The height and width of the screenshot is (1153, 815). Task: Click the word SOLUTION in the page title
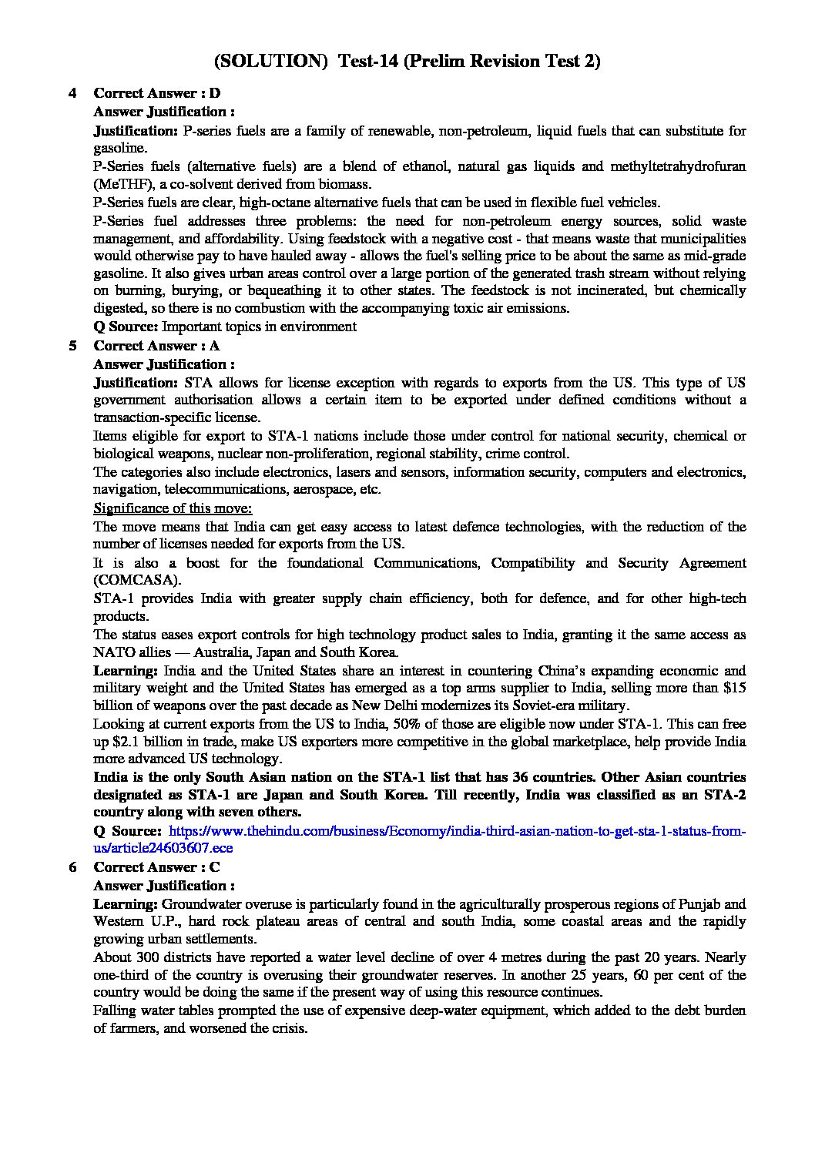tap(271, 62)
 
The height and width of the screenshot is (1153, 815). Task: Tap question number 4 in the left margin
tap(72, 93)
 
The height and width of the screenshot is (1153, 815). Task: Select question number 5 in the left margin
tap(72, 346)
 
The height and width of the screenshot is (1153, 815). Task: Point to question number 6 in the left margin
tap(72, 867)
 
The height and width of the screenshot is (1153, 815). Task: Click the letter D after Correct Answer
tap(215, 93)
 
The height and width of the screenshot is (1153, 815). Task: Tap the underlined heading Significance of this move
tap(173, 508)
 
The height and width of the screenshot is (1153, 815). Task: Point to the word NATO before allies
tap(112, 652)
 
